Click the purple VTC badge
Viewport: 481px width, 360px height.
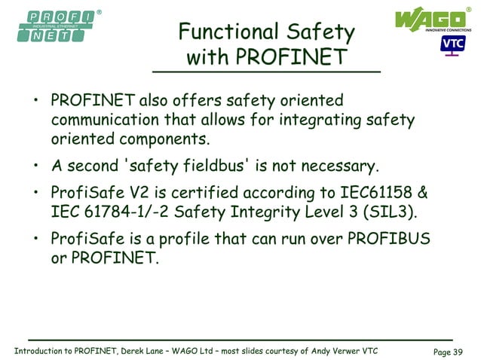point(453,44)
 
